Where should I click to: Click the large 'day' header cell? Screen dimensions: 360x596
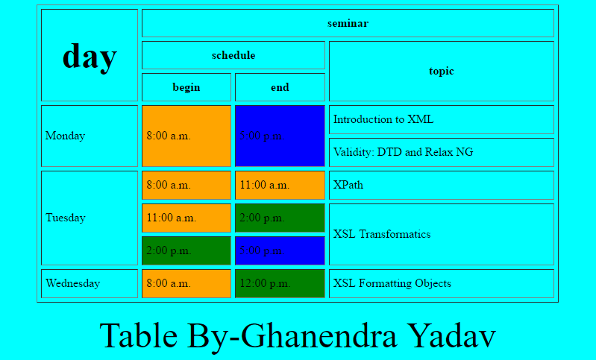[x=90, y=55]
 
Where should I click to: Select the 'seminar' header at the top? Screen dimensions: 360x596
[x=348, y=23]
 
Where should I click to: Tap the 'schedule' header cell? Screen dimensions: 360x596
[x=233, y=55]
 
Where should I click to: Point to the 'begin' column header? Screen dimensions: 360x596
[x=186, y=87]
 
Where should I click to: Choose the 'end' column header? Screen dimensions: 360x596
[x=280, y=87]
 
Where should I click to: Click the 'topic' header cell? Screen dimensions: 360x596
[x=441, y=71]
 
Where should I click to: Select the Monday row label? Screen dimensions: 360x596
[x=90, y=136]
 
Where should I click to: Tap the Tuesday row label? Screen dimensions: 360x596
[x=90, y=218]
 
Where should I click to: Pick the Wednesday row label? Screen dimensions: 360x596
[x=90, y=283]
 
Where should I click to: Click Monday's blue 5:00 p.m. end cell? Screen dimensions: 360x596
[x=280, y=136]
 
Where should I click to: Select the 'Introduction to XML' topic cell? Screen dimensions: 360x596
[x=441, y=119]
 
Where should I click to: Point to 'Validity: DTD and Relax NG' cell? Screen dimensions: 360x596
[x=441, y=152]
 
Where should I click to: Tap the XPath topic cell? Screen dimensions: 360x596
[x=441, y=185]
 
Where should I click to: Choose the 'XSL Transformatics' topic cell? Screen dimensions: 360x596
[x=441, y=234]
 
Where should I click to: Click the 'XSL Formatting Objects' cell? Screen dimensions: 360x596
[x=441, y=283]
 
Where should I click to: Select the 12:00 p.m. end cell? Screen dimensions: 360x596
[x=280, y=283]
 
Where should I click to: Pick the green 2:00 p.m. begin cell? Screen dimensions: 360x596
[x=186, y=250]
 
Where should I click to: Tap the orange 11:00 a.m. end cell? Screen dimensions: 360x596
[x=280, y=185]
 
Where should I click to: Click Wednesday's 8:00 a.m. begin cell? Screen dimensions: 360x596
[x=186, y=283]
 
